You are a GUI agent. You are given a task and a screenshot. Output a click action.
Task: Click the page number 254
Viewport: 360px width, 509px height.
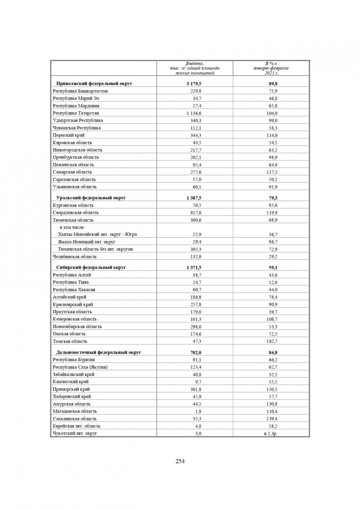(180, 461)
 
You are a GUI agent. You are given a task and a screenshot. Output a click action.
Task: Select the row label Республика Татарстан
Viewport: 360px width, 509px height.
(76, 113)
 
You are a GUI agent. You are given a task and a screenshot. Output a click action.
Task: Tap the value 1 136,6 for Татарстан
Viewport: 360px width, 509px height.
(194, 113)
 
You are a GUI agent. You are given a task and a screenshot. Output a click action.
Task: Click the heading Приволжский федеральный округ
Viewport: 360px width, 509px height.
(94, 83)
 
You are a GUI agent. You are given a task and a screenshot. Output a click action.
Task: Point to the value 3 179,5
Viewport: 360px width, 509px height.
(194, 84)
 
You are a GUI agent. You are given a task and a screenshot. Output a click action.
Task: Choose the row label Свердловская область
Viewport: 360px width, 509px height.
(75, 212)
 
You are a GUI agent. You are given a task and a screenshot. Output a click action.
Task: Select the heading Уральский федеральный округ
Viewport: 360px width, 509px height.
(91, 197)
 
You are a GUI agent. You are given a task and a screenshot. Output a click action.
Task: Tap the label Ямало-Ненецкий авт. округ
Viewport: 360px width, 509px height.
(87, 242)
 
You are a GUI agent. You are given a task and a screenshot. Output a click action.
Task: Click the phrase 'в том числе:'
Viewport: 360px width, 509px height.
(72, 227)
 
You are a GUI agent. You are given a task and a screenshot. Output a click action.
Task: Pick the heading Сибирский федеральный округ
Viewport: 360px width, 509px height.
(91, 267)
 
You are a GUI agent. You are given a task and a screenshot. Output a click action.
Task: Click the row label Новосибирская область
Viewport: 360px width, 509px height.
(77, 326)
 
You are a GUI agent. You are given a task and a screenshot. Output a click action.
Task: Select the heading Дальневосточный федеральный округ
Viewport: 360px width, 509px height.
(98, 352)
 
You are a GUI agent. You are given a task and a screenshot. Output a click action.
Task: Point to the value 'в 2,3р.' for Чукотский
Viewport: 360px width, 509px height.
(271, 433)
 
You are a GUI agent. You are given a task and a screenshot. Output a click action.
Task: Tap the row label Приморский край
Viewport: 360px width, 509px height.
(71, 389)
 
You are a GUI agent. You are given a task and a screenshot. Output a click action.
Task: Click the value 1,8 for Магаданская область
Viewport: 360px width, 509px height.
(198, 411)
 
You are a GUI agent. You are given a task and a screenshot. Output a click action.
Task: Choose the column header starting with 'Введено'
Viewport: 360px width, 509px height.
(195, 68)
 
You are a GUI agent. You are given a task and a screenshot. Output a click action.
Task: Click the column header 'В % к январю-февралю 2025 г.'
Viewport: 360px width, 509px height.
(271, 68)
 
